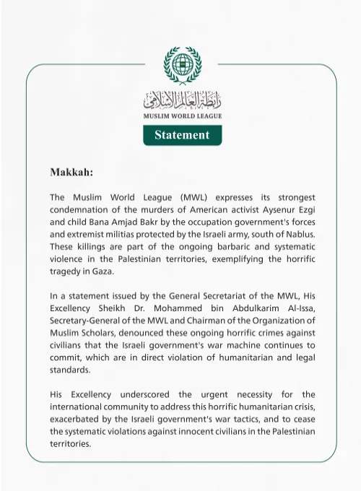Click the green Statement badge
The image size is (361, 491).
pos(182,135)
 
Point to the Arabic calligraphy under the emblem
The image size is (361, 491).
pos(182,99)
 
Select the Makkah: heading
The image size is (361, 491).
pos(71,173)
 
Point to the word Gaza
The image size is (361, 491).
pos(105,271)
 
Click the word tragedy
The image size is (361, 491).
pos(65,271)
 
